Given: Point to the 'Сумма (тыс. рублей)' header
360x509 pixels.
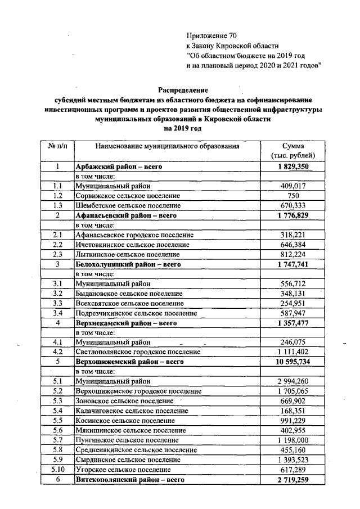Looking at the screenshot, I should coord(292,150).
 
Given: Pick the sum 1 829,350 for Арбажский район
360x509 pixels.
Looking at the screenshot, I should coord(292,167).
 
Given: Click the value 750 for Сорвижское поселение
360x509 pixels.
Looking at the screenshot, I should coord(292,195).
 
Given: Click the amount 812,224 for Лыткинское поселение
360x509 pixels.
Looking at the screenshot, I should coord(292,254).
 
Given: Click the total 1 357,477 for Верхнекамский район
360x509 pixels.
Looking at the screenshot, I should coord(292,323).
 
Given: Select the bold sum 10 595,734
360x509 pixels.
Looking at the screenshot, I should coord(292,361).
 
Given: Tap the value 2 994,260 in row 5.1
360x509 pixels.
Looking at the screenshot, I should coord(292,381).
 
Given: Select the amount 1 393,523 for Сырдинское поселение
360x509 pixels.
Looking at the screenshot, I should coord(292,459).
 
